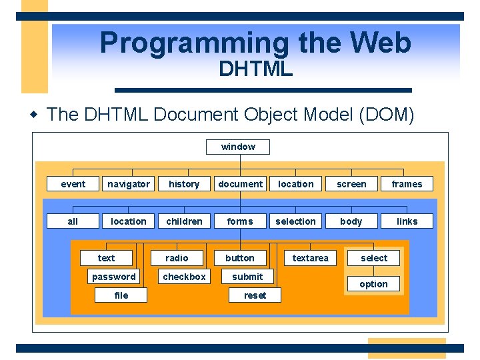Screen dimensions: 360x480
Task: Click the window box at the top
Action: [238, 147]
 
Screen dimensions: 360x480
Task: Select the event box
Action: [73, 184]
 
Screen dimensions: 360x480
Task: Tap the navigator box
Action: [129, 184]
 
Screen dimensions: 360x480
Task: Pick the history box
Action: [184, 184]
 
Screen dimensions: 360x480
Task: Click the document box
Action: [240, 184]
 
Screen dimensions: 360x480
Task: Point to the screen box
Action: [351, 184]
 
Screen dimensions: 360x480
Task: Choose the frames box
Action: [407, 184]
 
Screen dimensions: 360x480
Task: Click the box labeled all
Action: [73, 221]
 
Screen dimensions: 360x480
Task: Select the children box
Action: [184, 221]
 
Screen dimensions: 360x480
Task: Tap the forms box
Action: [240, 221]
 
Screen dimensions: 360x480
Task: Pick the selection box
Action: [295, 221]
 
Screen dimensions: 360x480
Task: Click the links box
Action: [407, 221]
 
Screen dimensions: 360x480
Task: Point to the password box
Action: [114, 277]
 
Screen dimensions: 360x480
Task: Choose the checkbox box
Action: [185, 277]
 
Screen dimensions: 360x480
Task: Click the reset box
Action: [255, 295]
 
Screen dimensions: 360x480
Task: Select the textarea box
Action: [310, 258]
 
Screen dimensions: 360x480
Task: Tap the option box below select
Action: [373, 284]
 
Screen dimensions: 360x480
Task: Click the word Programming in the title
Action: [194, 43]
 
